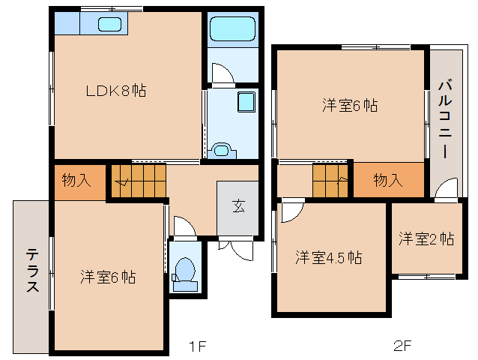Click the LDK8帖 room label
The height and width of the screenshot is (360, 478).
point(114,91)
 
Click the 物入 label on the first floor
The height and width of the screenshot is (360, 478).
point(78,181)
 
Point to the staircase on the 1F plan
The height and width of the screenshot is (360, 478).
point(139,181)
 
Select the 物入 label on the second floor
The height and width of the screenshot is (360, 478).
point(388,181)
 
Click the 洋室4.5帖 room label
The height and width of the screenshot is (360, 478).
point(328,257)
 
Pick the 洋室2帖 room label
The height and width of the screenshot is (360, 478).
point(426,239)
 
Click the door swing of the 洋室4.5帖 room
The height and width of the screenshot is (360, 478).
point(293,210)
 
